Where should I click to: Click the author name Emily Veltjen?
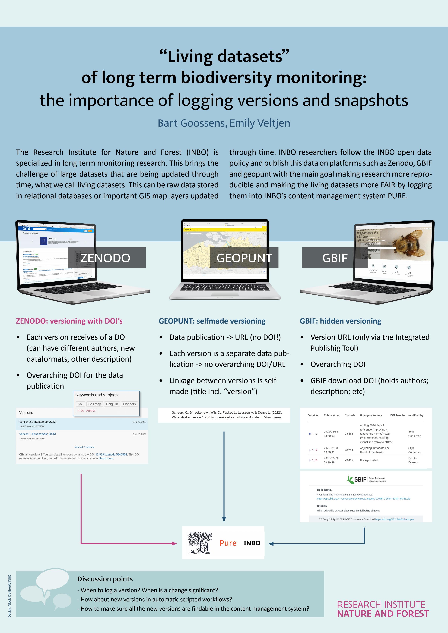(x=260, y=123)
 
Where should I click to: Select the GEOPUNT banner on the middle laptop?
(x=244, y=258)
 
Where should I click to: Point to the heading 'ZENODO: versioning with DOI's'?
(x=69, y=321)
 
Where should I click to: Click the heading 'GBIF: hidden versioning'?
(x=340, y=321)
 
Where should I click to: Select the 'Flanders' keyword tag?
(x=129, y=404)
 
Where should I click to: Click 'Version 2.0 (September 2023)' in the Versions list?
(x=38, y=422)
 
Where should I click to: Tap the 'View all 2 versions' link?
(x=84, y=447)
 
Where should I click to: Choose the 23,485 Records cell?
(x=349, y=434)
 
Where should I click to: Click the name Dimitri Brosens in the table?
(x=413, y=460)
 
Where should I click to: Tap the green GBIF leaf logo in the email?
(x=351, y=480)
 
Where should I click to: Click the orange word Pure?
(x=228, y=543)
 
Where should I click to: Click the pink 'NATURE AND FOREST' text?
(x=383, y=613)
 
